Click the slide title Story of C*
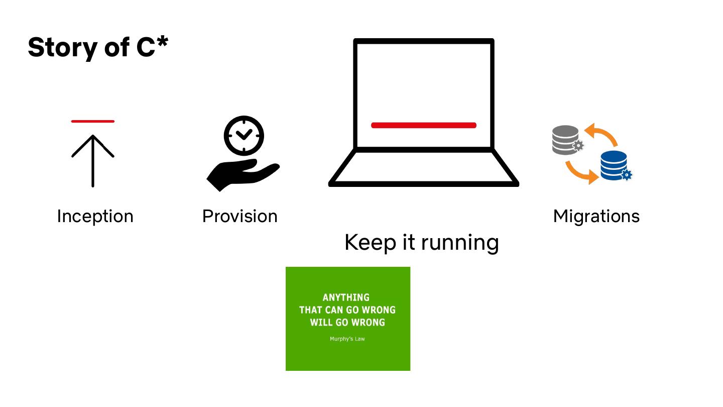98,47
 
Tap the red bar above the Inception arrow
93,121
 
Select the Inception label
95,216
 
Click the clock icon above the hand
244,136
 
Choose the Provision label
239,216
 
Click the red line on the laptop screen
423,125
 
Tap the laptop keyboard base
423,168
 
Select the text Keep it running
421,242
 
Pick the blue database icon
613,164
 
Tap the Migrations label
596,216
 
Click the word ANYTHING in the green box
346,297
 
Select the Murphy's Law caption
347,339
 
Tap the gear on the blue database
626,175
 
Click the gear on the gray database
578,146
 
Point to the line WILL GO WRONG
347,323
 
